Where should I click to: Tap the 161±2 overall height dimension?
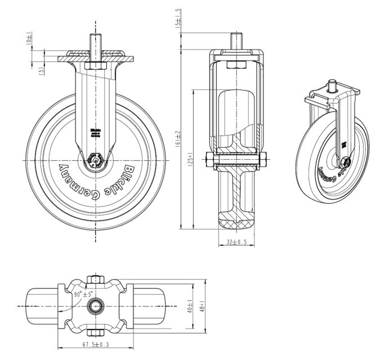coord(178,138)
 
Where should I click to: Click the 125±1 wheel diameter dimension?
coord(191,160)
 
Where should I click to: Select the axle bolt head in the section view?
coord(210,161)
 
